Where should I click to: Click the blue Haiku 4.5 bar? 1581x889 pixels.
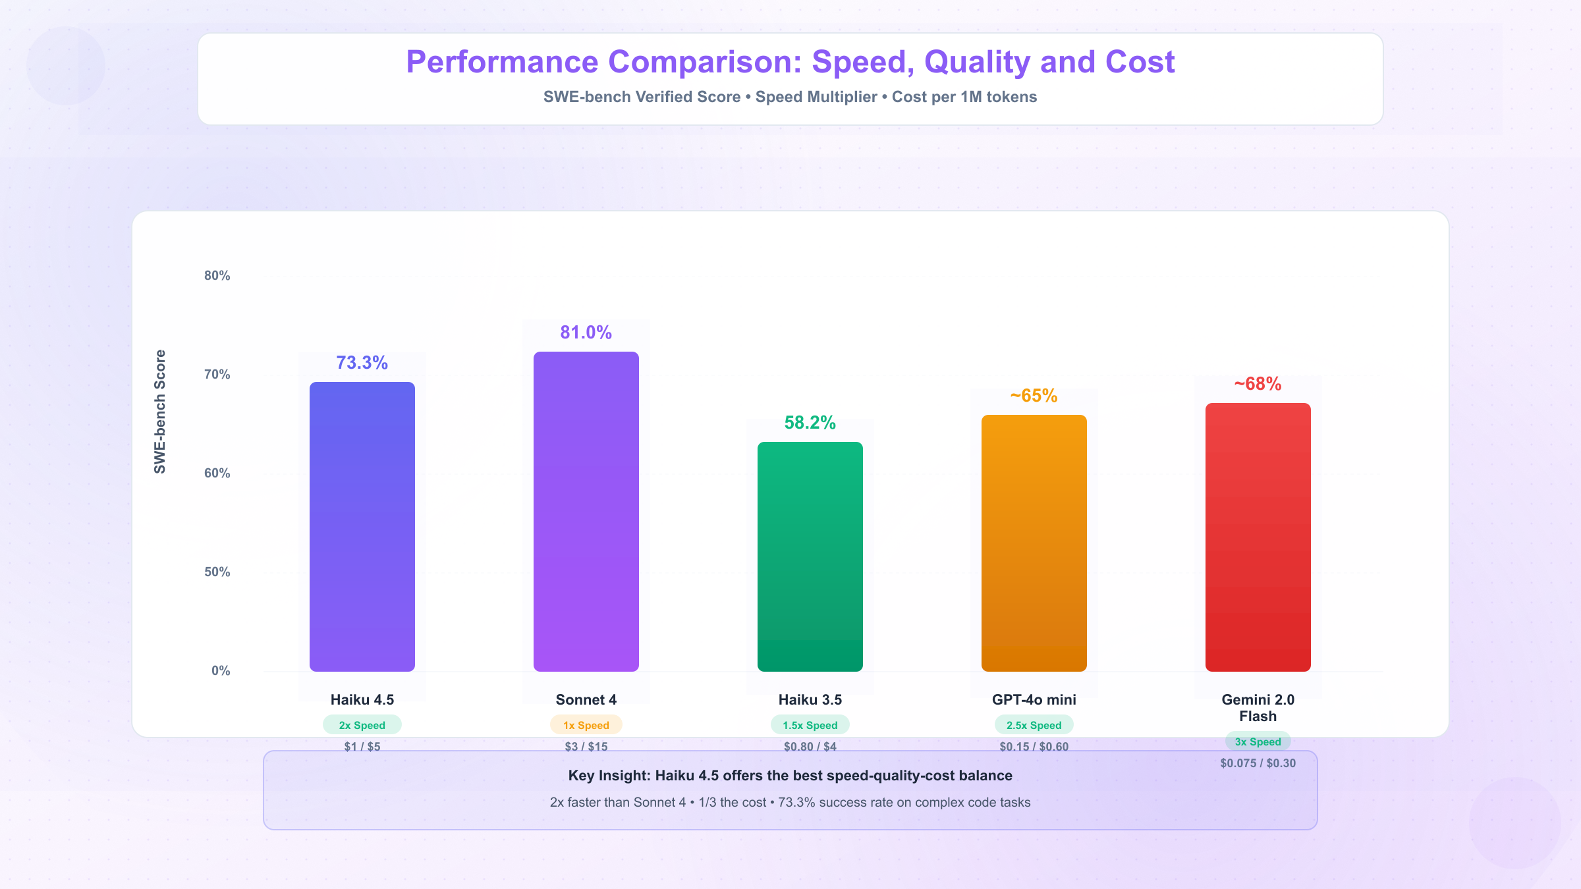point(362,526)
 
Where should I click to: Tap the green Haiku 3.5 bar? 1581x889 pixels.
point(810,556)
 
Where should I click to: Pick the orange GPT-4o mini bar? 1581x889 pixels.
point(1034,543)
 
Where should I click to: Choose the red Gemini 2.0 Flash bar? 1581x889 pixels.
point(1258,537)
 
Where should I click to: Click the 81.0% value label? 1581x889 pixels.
point(586,333)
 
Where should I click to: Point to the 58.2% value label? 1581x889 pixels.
point(810,423)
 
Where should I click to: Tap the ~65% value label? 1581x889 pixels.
point(1034,396)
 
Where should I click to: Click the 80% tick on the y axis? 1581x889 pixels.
point(217,276)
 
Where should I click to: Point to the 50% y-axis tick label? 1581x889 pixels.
point(217,572)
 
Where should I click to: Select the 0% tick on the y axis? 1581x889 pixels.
point(221,671)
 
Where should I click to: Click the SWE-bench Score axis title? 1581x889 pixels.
point(160,412)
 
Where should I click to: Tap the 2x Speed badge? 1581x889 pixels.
point(362,725)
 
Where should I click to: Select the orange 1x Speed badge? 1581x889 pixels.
point(586,725)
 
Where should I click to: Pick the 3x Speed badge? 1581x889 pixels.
point(1258,741)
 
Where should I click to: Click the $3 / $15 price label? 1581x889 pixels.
point(586,747)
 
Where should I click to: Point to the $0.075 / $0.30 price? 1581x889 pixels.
point(1258,763)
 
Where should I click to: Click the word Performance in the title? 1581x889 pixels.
point(502,63)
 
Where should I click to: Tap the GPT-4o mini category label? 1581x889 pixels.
point(1034,700)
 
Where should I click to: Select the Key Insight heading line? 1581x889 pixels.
point(790,776)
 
